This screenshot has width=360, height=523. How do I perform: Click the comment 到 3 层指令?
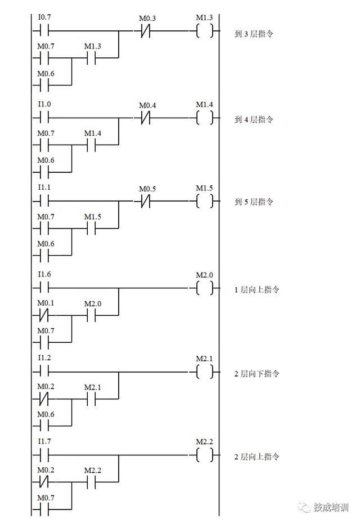[x=254, y=34]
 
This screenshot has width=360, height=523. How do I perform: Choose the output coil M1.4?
[x=205, y=118]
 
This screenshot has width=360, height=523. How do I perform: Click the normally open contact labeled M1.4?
[x=92, y=145]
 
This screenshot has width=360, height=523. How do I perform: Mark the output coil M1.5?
[x=205, y=201]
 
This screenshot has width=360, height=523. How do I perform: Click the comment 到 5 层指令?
[x=254, y=202]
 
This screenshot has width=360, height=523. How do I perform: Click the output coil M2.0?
[x=205, y=288]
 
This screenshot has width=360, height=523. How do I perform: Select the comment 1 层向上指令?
[x=257, y=290]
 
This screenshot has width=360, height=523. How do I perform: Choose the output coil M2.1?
[x=205, y=372]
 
